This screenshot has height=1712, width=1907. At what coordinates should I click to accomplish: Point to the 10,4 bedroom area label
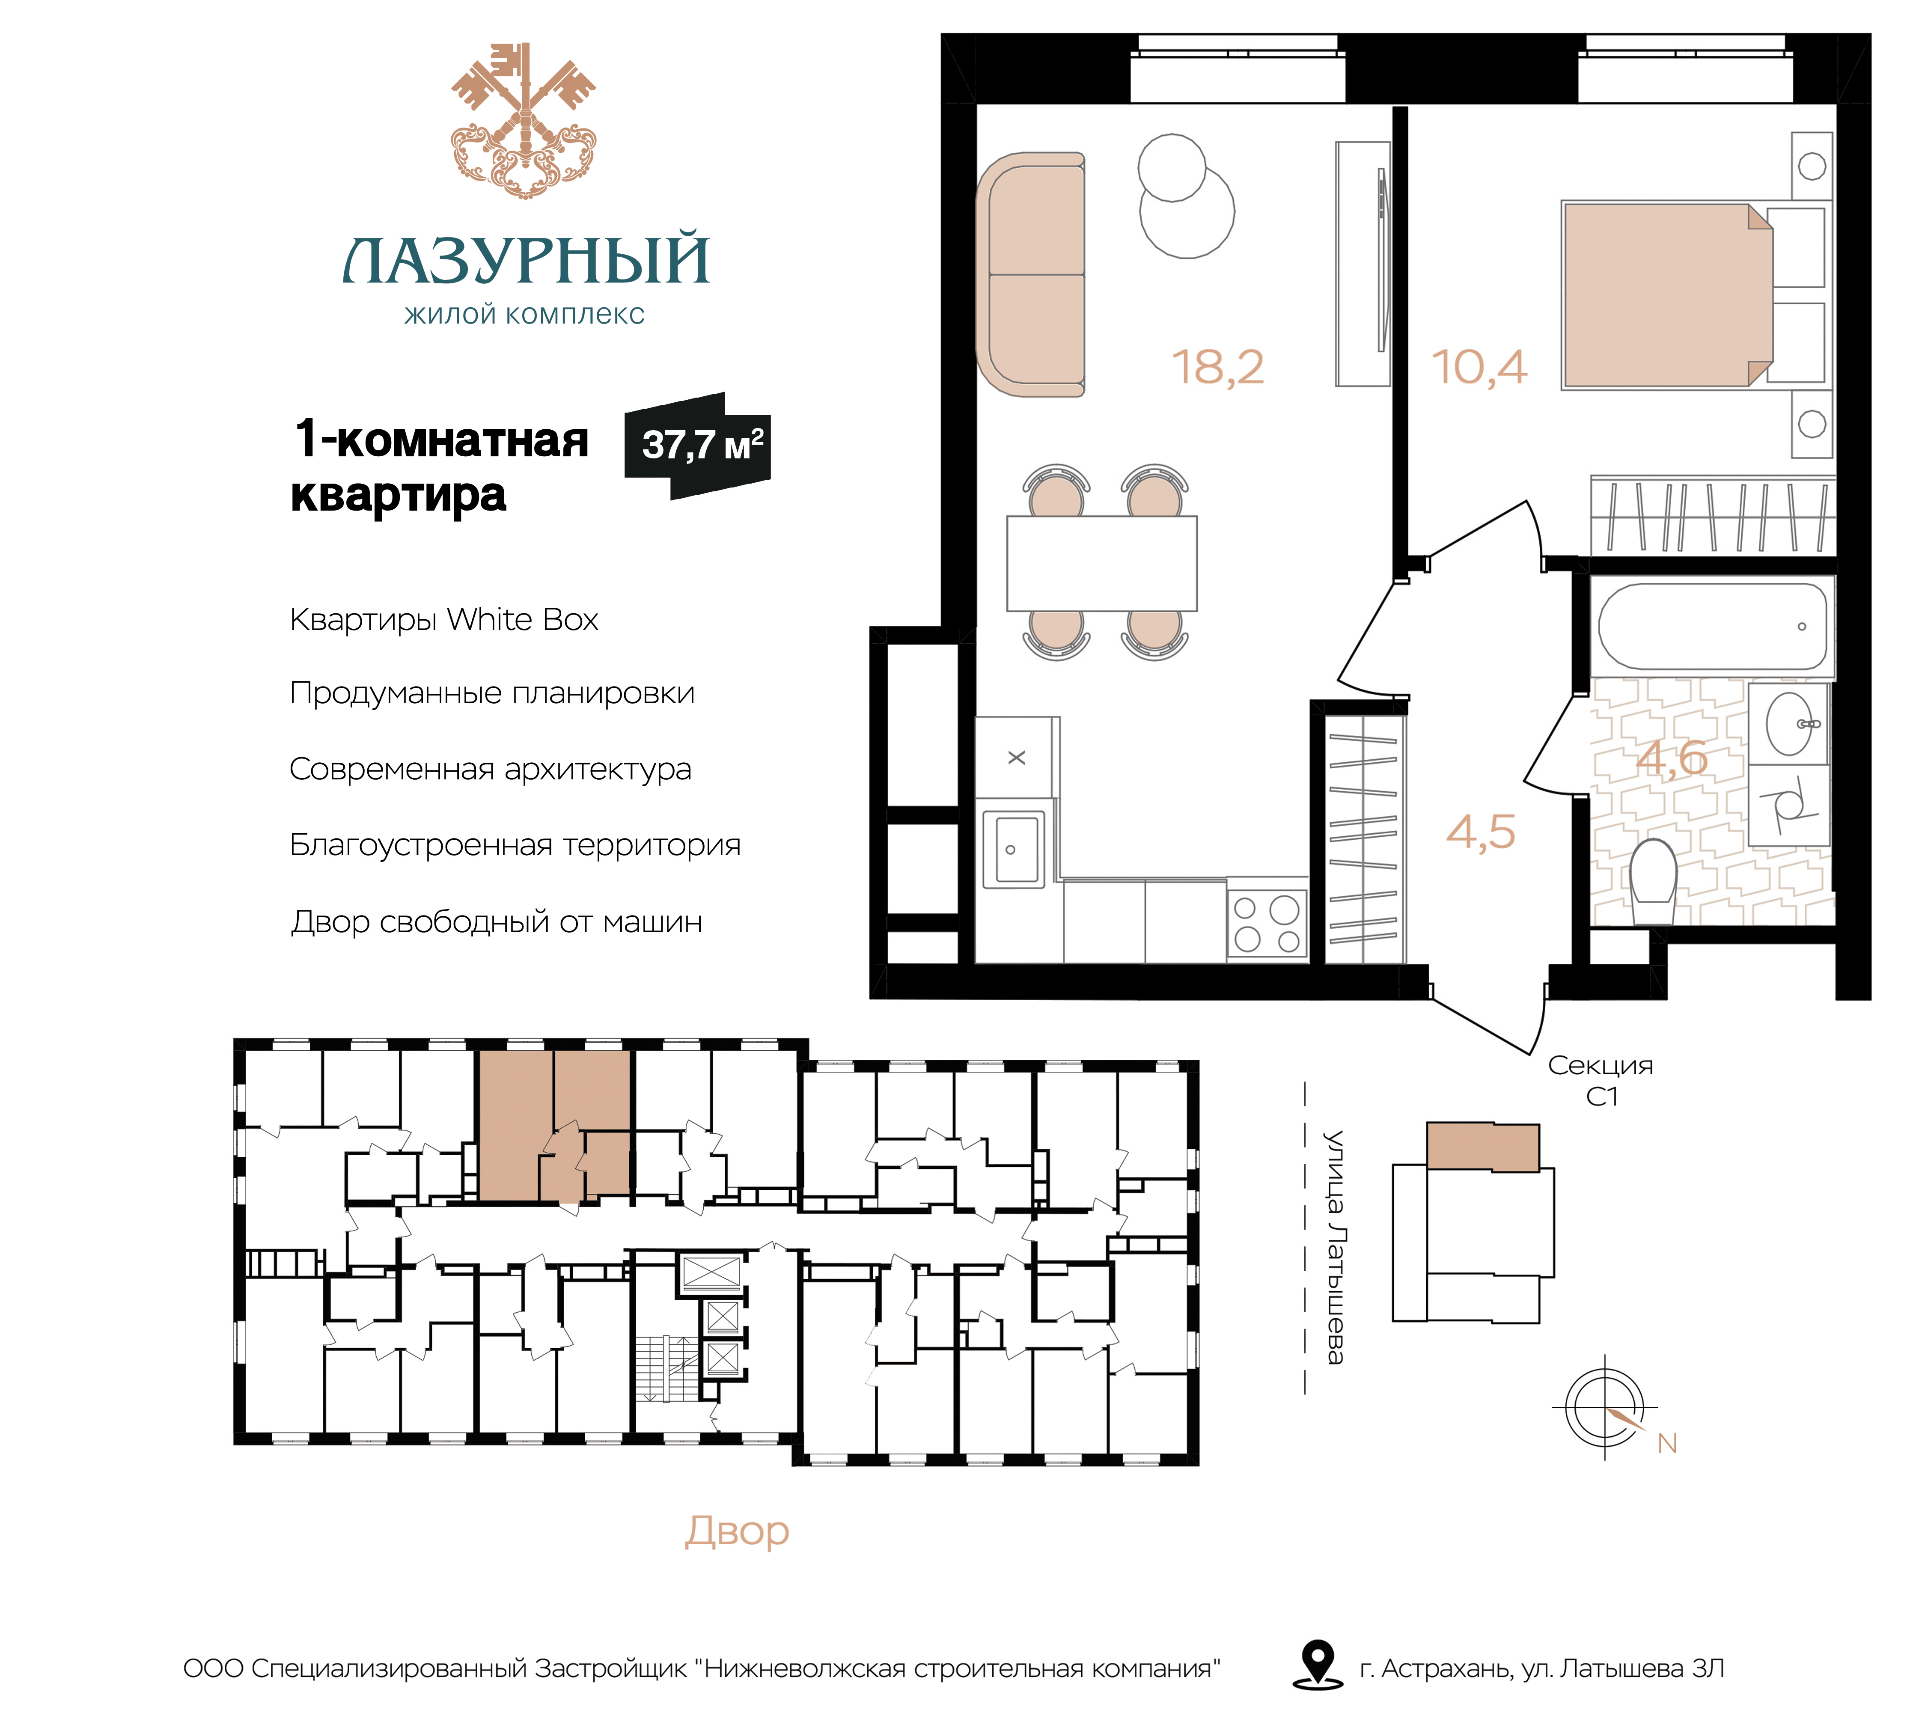(x=1479, y=367)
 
